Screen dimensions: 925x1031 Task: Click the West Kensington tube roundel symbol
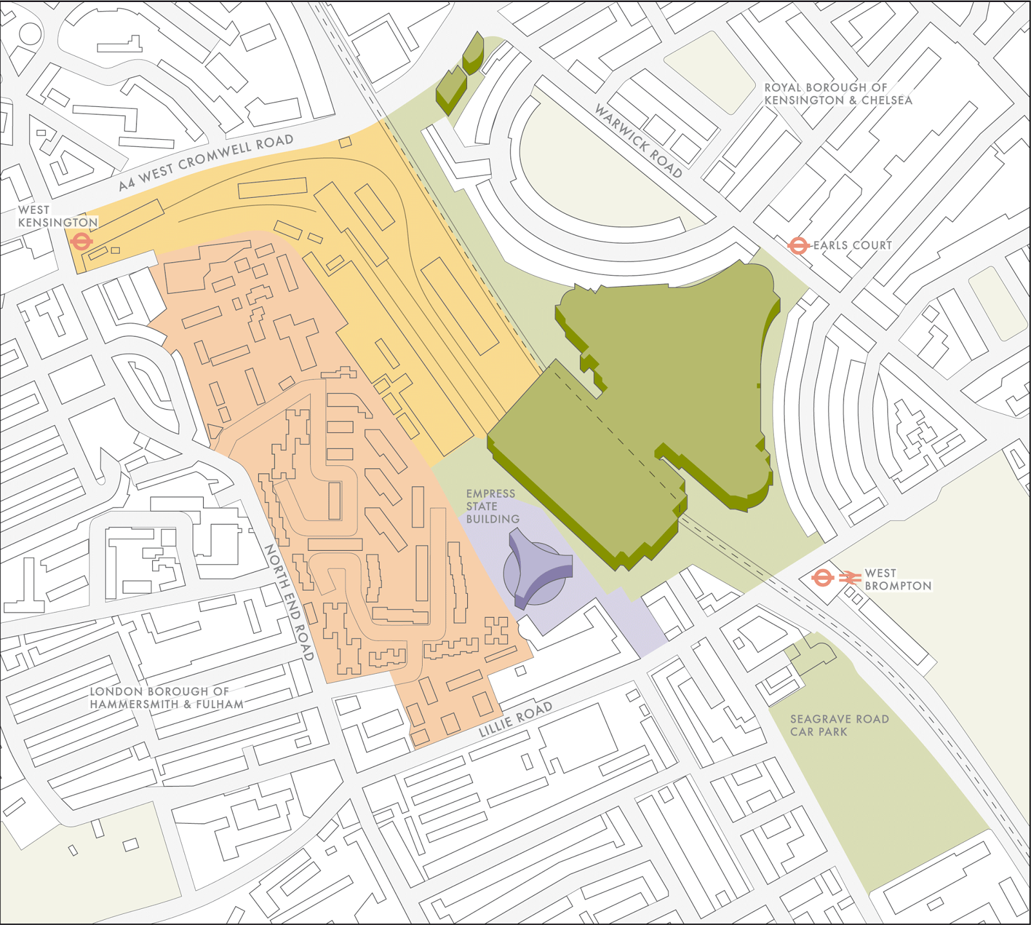click(x=82, y=242)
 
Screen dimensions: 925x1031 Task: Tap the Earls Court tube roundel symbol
click(x=798, y=245)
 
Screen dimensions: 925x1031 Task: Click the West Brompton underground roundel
click(x=823, y=578)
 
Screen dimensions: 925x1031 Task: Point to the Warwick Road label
click(x=638, y=141)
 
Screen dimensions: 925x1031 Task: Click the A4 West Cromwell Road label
click(x=206, y=162)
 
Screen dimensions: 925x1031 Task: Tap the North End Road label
click(x=289, y=602)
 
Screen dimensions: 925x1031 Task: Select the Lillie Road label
click(x=515, y=719)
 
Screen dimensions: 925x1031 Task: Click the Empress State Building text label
click(x=492, y=506)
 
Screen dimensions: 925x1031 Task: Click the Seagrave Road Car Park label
click(x=839, y=725)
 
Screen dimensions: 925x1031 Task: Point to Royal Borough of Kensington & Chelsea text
click(x=838, y=94)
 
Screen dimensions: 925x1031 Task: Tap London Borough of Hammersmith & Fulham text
click(x=166, y=698)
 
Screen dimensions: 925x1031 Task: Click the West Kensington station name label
click(x=57, y=216)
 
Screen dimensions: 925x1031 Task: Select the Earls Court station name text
click(x=852, y=245)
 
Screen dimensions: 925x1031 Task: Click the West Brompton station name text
click(x=898, y=579)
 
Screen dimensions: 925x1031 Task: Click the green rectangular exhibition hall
click(x=580, y=464)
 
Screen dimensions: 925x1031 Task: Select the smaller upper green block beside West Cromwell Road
click(x=474, y=52)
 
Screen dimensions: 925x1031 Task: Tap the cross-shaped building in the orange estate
click(x=297, y=336)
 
